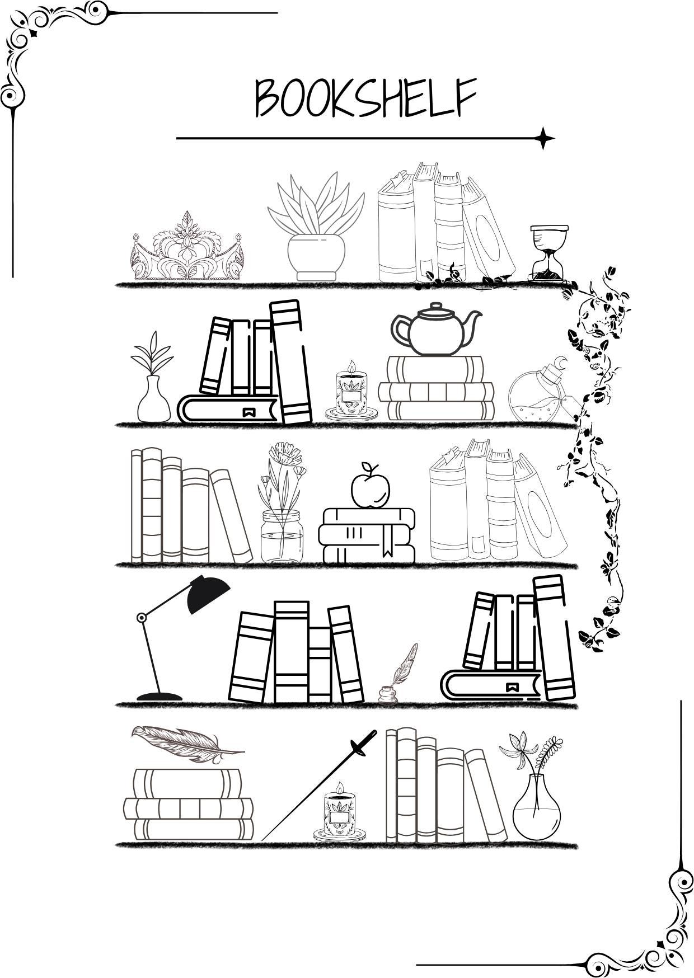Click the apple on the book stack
(370, 489)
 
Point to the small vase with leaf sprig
(153, 400)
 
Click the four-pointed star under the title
(542, 138)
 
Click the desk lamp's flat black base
(160, 697)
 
